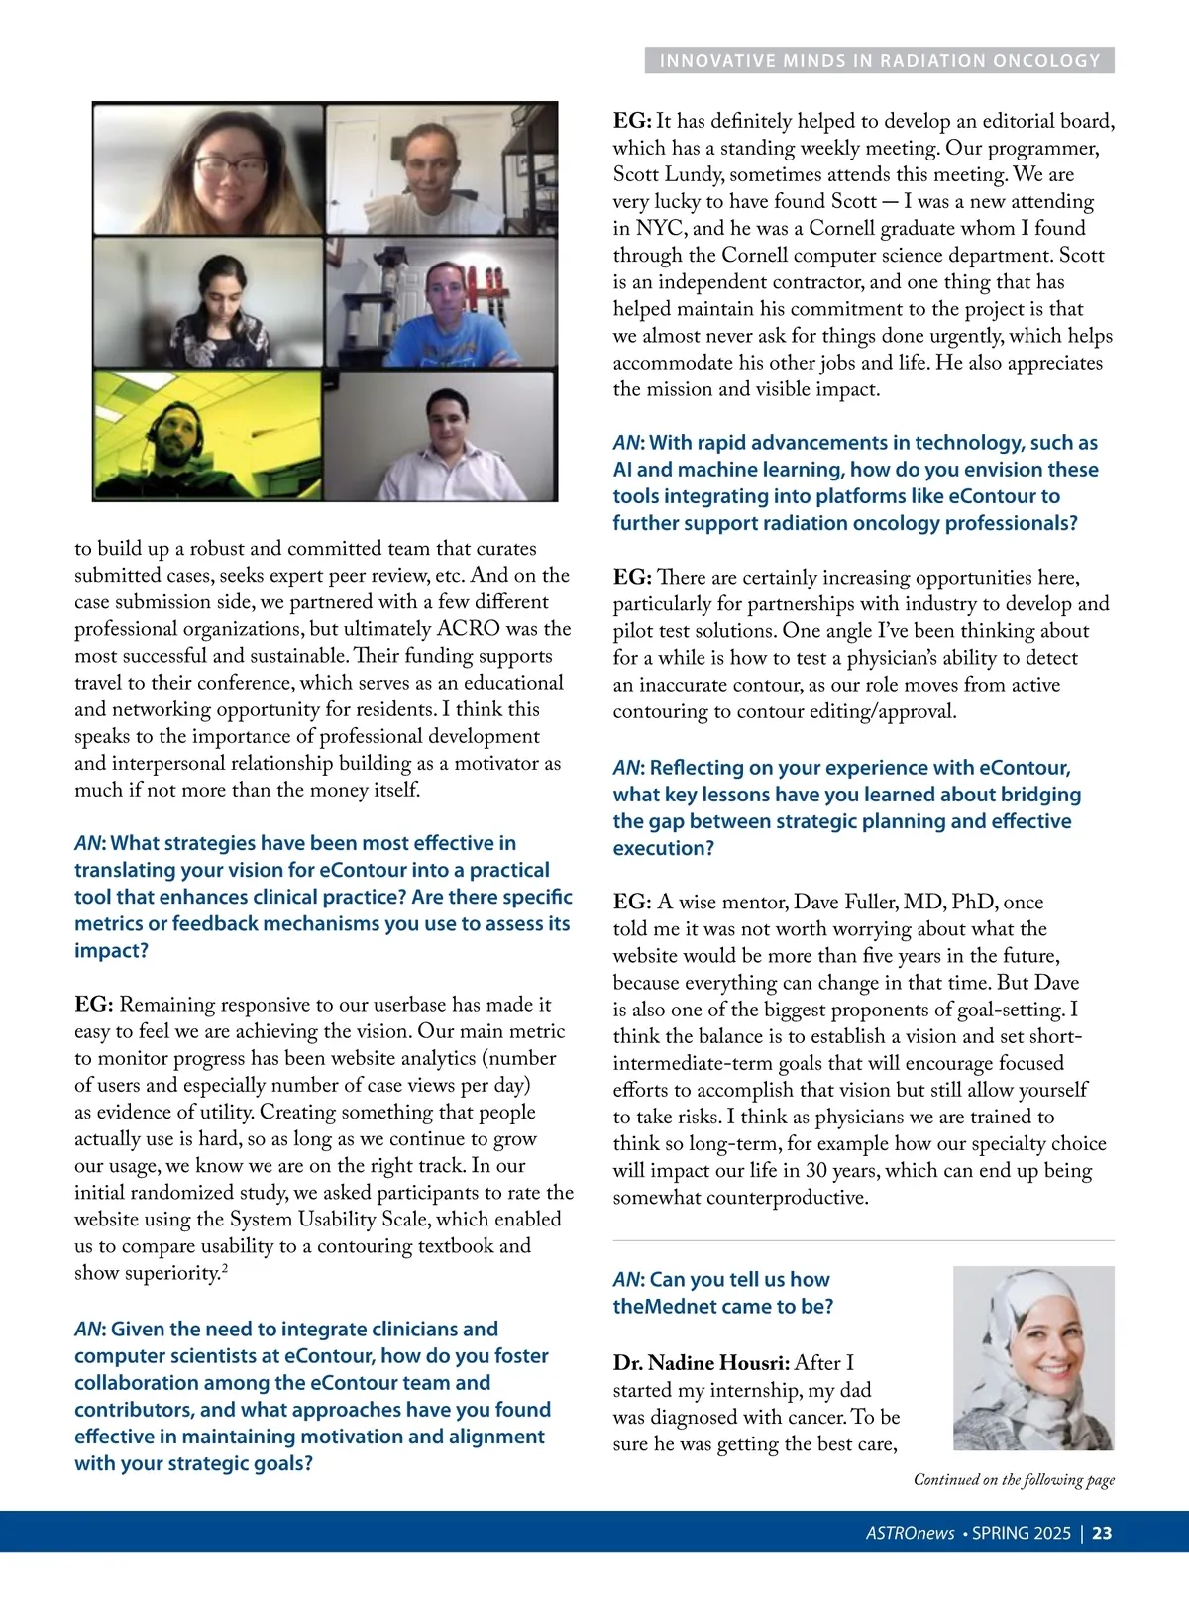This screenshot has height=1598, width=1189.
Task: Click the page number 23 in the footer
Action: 1102,1533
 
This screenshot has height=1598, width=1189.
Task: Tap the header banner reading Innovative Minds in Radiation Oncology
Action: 880,60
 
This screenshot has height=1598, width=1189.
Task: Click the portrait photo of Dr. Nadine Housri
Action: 1033,1357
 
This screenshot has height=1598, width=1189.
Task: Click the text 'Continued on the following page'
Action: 1014,1480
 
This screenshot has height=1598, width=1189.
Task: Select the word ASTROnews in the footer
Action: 910,1533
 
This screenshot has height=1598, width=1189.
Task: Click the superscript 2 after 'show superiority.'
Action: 225,1268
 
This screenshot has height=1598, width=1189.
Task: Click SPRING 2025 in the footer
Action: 1021,1533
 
